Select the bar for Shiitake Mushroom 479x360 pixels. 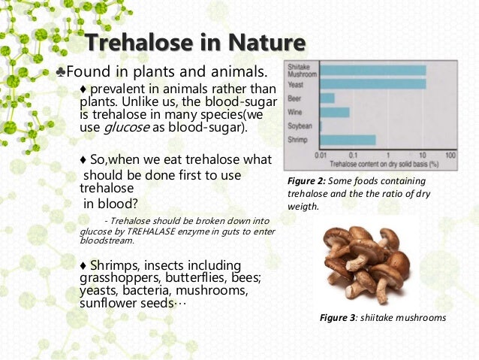pyautogui.click(x=372, y=70)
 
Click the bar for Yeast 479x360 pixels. pyautogui.click(x=372, y=84)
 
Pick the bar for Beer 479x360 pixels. pyautogui.click(x=327, y=98)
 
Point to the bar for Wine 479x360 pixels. pyautogui.click(x=334, y=112)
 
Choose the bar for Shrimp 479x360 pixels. pyautogui.click(x=348, y=140)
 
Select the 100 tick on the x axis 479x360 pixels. pyautogui.click(x=450, y=154)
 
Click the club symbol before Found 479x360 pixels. pyautogui.click(x=60, y=72)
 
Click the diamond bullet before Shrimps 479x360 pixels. pyautogui.click(x=83, y=266)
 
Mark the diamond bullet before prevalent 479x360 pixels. pyautogui.click(x=83, y=91)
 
